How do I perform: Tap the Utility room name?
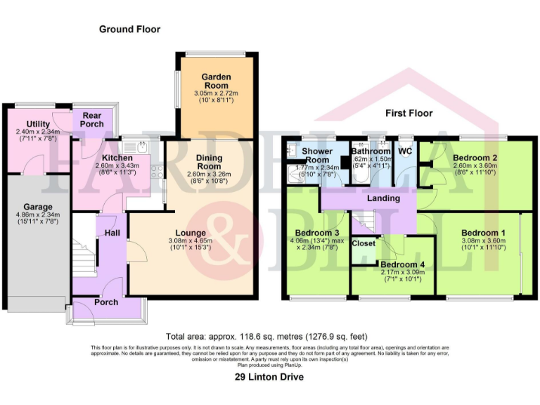coord(38,124)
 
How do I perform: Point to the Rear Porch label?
coord(92,120)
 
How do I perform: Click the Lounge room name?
coord(191,233)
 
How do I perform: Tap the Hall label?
coord(112,233)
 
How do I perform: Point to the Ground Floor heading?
coord(129,30)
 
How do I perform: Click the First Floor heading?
coord(409,112)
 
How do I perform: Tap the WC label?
coord(405,151)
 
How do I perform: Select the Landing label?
coord(383,198)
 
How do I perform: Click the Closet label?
coord(364,243)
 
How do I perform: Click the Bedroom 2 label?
coord(475,157)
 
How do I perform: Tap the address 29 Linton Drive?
coord(269,378)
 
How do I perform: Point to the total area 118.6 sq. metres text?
coord(266,337)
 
